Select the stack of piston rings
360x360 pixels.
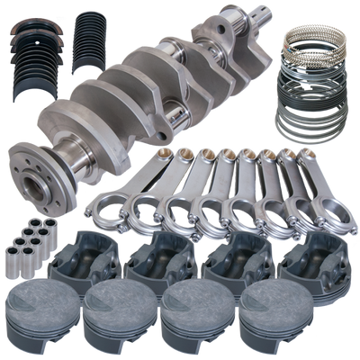[313, 99]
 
